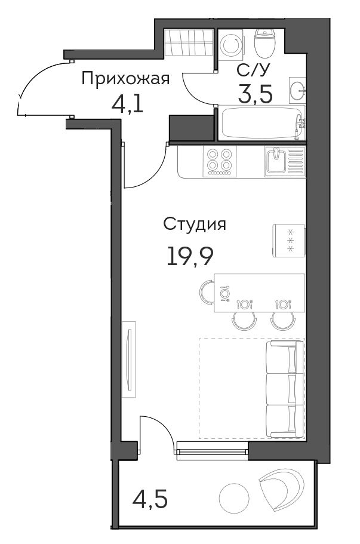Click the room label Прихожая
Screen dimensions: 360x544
point(125,78)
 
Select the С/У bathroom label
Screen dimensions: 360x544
point(253,70)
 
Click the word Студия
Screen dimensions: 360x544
point(195,225)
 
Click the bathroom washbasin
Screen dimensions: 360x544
point(297,90)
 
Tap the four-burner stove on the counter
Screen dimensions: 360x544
point(219,162)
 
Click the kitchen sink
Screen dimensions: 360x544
point(285,162)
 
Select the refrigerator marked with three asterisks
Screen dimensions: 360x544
point(288,241)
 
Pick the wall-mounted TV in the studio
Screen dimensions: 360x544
point(129,359)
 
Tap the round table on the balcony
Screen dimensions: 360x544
point(235,497)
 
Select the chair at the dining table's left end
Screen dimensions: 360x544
point(207,293)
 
